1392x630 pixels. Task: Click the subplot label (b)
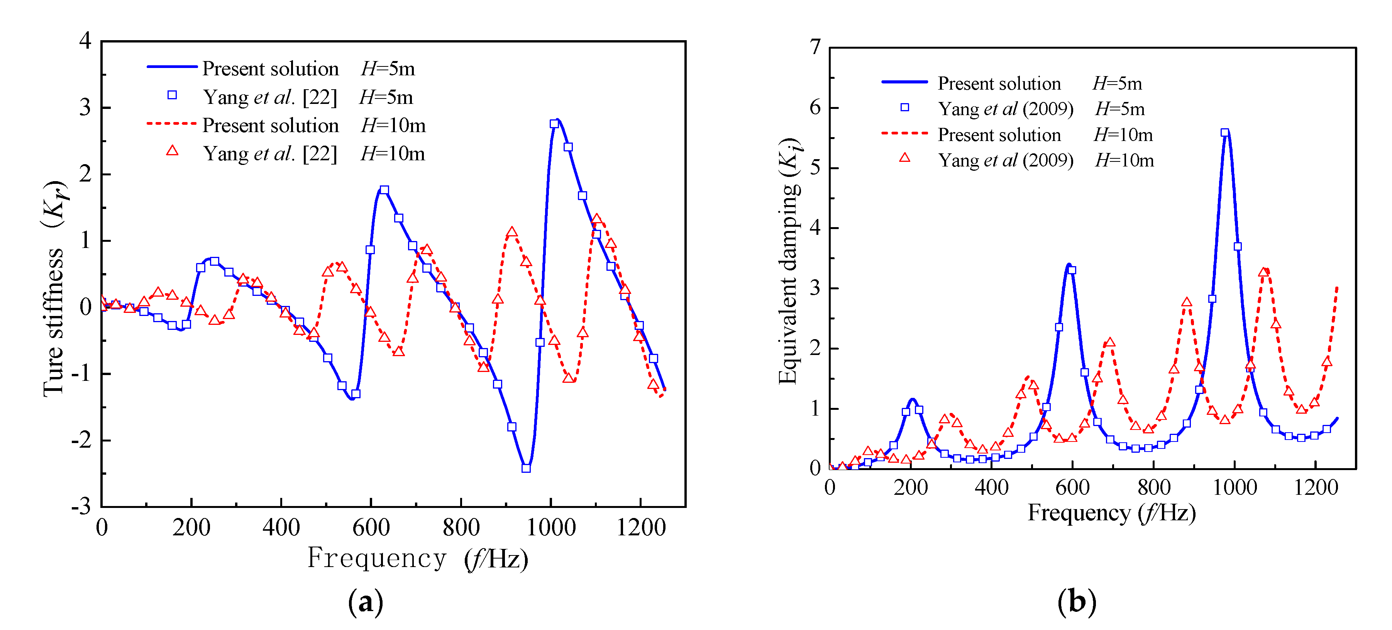pyautogui.click(x=1076, y=601)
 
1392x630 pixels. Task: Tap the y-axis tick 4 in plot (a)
pyautogui.click(x=85, y=41)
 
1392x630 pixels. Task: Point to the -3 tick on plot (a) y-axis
pyautogui.click(x=81, y=507)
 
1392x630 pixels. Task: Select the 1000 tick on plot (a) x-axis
pyautogui.click(x=550, y=527)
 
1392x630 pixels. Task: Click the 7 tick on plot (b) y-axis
pyautogui.click(x=815, y=48)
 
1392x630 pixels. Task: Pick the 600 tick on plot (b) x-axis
pyautogui.click(x=1072, y=488)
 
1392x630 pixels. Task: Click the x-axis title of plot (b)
pyautogui.click(x=1111, y=513)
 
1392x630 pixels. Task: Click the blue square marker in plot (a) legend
pyautogui.click(x=172, y=95)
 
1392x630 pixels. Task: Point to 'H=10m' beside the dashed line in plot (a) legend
pyautogui.click(x=393, y=126)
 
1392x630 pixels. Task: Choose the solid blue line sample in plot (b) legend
pyautogui.click(x=904, y=82)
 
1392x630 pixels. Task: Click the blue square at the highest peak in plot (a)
pyautogui.click(x=554, y=124)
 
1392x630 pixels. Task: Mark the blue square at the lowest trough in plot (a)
pyautogui.click(x=526, y=468)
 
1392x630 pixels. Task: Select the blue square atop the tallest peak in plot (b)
pyautogui.click(x=1224, y=133)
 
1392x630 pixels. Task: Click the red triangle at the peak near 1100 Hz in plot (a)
pyautogui.click(x=596, y=219)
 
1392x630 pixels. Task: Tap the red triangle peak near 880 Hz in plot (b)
pyautogui.click(x=1187, y=302)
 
